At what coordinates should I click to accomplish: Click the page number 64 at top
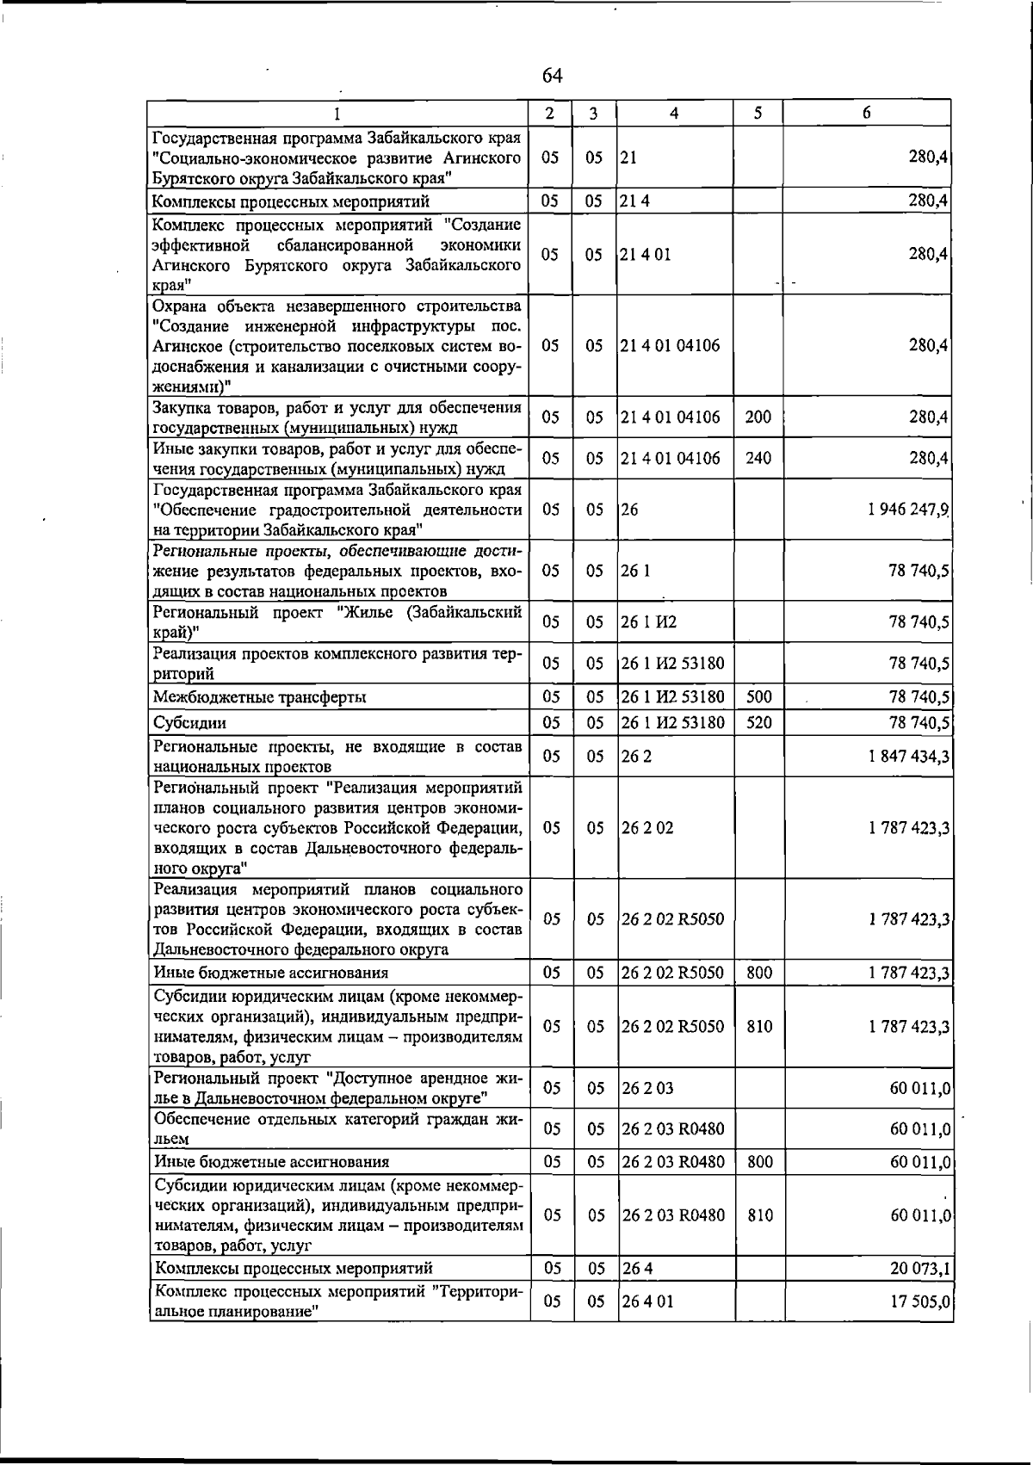coord(552,77)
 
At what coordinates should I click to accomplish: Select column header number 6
coord(866,114)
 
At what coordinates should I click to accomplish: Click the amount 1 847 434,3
coord(910,756)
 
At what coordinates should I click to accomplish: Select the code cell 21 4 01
coord(646,255)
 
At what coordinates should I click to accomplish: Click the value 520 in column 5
coord(758,723)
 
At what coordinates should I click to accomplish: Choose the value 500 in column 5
coord(758,697)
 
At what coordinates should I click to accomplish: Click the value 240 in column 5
coord(758,459)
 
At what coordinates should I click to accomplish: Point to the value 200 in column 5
coord(758,417)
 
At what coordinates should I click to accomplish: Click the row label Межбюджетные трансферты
coord(259,697)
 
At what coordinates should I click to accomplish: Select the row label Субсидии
coord(190,723)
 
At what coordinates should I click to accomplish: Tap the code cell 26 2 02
coord(647,828)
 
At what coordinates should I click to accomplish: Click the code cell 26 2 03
coord(647,1088)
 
